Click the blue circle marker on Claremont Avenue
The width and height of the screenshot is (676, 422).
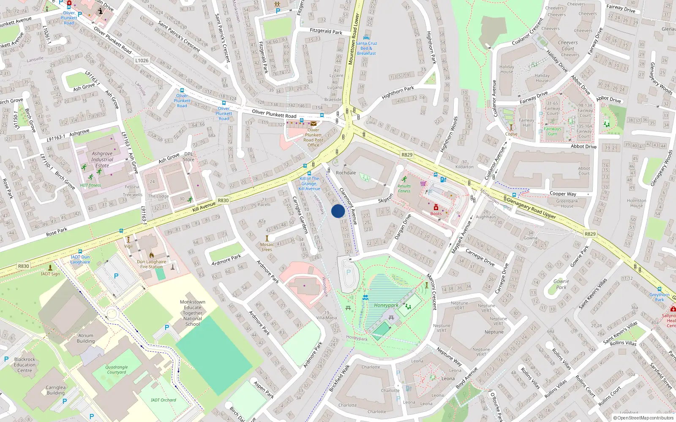pos(338,211)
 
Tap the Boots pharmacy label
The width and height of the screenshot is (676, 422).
pos(436,214)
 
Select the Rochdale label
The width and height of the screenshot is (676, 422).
pos(346,173)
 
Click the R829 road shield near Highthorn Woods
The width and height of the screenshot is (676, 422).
pos(407,155)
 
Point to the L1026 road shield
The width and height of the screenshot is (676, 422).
pos(142,60)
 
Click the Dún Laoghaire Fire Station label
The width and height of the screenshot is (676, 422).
pos(152,264)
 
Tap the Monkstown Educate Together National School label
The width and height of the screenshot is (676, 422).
pos(192,313)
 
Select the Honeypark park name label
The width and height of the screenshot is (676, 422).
pos(386,305)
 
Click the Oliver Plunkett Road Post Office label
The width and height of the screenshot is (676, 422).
pos(313,138)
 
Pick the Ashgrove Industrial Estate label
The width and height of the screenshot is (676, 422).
pos(102,160)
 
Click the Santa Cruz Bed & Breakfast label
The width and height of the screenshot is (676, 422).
pos(366,48)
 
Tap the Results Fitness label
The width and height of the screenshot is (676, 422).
pos(404,188)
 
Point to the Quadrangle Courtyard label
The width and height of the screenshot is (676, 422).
pos(116,370)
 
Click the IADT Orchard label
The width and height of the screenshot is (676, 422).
pos(163,400)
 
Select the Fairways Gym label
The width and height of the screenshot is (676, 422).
pos(552,131)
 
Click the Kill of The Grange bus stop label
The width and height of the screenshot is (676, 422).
pos(309,184)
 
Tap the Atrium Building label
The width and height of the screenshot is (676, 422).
pos(86,338)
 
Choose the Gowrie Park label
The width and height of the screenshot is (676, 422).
pos(561,284)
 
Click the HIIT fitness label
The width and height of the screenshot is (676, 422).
pos(91,185)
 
